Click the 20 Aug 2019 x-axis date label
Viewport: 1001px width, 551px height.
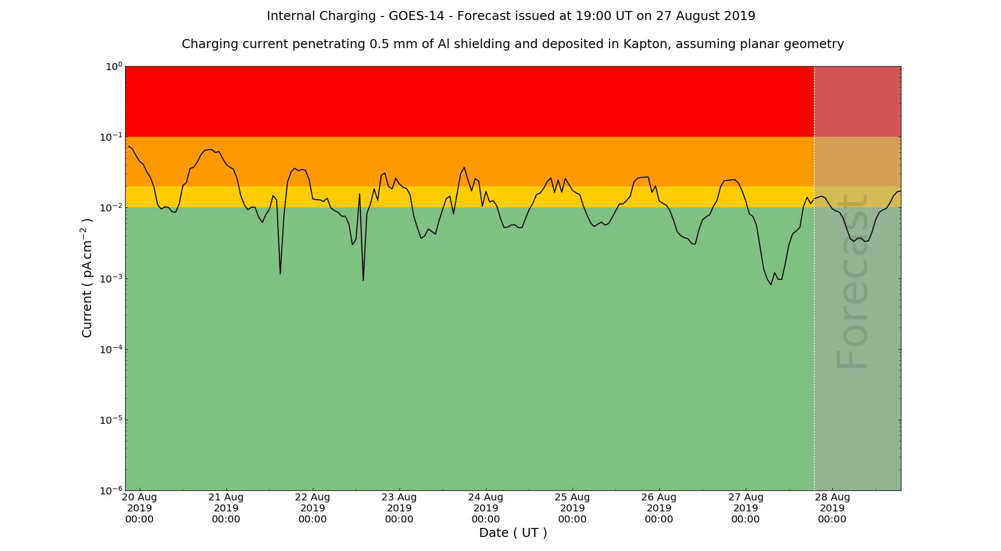click(x=140, y=508)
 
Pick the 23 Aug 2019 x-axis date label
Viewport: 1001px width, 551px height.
click(x=399, y=508)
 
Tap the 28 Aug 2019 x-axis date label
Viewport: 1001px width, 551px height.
click(x=832, y=508)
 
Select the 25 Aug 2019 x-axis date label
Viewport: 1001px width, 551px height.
click(x=573, y=508)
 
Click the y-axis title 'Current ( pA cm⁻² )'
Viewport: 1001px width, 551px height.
click(x=87, y=278)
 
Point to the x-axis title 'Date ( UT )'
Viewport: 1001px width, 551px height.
click(x=513, y=533)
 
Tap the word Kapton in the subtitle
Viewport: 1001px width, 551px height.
click(x=646, y=44)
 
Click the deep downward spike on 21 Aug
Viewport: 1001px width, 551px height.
click(x=280, y=273)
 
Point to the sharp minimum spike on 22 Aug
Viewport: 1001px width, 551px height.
click(x=363, y=280)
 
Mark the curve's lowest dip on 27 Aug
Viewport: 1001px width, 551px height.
click(x=771, y=284)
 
